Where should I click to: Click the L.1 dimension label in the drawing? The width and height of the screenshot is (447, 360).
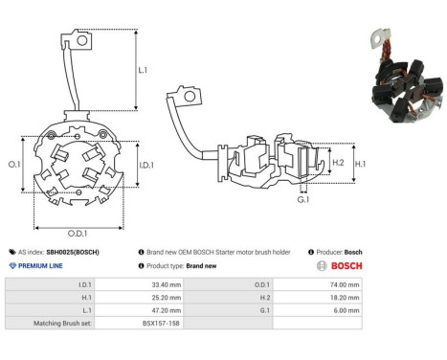coord(143,71)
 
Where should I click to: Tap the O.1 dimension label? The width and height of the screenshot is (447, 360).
coord(14,165)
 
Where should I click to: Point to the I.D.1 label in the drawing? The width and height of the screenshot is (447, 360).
coord(147,165)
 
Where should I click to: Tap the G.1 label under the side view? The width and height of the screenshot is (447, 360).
coord(302,199)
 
